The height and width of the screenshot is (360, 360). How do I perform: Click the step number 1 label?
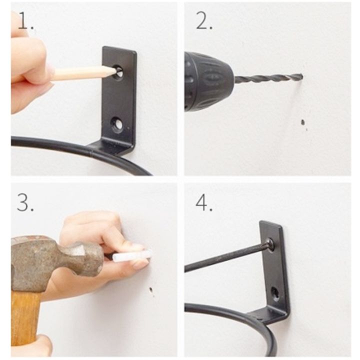click(x=25, y=20)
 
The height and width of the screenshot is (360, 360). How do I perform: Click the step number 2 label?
click(x=204, y=20)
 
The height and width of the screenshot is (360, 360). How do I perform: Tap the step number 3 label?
click(x=25, y=202)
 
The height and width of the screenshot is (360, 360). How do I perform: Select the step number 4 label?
click(x=204, y=202)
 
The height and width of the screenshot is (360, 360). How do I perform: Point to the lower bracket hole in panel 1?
click(x=118, y=124)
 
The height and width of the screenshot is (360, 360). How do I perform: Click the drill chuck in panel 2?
click(x=208, y=82)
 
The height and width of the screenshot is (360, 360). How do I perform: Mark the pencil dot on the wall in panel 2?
click(x=303, y=122)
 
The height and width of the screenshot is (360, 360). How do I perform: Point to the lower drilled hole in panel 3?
click(x=151, y=289)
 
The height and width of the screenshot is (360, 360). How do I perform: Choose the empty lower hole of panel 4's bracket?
click(x=275, y=294)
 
